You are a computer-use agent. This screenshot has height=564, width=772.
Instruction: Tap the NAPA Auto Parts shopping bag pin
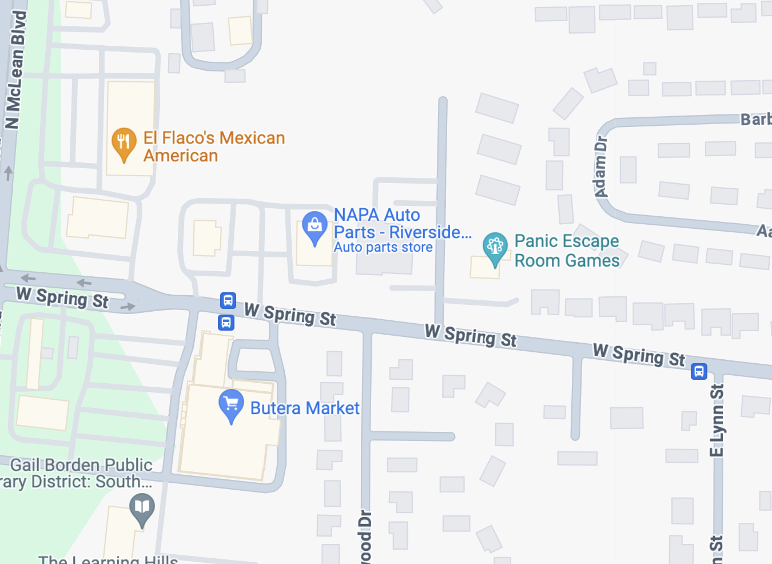(315, 227)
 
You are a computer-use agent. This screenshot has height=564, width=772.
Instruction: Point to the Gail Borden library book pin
(142, 509)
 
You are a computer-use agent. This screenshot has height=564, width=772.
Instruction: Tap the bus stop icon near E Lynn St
(699, 371)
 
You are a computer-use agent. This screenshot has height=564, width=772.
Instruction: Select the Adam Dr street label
(601, 166)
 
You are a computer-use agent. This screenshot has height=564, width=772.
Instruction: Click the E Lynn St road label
(717, 420)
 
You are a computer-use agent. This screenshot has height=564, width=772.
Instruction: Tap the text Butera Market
(305, 408)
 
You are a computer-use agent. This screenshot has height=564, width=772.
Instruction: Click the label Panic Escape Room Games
(567, 251)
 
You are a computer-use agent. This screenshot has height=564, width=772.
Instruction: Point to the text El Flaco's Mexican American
(213, 146)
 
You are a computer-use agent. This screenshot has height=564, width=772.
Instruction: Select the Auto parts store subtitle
(383, 247)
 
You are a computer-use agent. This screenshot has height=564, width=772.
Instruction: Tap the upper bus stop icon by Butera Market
(228, 300)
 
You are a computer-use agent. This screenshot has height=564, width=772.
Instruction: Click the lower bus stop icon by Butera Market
(226, 323)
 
